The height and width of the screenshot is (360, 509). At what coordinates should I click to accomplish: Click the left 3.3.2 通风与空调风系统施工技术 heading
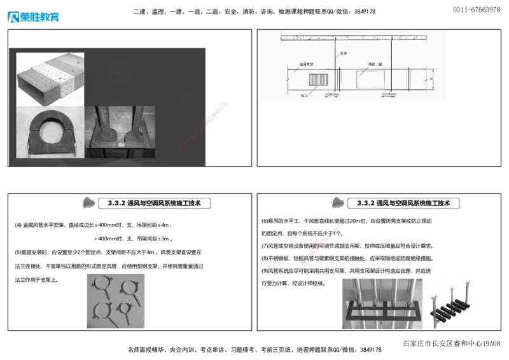155,204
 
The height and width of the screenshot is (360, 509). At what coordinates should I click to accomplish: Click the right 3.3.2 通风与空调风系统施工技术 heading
403,204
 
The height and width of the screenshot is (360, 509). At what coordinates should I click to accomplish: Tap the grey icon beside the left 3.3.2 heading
90,203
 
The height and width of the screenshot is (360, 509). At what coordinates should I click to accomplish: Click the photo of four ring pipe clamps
117,299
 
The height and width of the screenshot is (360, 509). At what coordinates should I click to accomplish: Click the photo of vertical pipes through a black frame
380,301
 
